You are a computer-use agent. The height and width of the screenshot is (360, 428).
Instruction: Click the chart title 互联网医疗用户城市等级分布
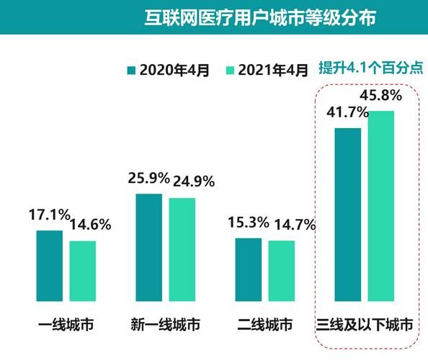259,17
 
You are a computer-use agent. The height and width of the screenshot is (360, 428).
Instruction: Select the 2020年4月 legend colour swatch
131,71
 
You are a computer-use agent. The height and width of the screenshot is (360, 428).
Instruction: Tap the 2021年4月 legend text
274,71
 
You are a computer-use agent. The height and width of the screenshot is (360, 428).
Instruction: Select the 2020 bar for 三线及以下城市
348,214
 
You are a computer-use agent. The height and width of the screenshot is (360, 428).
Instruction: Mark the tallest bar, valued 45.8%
381,205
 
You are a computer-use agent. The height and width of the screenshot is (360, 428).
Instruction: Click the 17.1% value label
49,215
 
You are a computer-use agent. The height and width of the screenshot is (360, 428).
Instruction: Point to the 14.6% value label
90,225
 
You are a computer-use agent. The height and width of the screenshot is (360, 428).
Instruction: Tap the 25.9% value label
149,176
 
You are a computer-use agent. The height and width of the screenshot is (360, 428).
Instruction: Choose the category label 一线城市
66,325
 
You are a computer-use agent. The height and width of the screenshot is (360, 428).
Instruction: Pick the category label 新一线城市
166,325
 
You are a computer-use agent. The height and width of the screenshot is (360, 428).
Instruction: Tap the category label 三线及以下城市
365,325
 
